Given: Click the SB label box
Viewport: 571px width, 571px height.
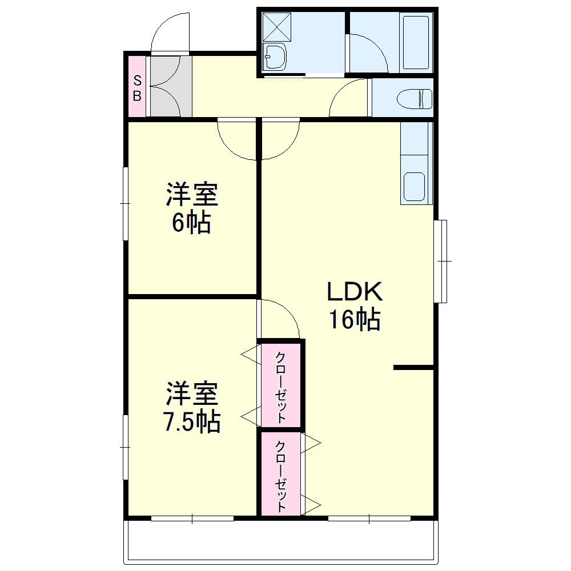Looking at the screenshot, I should pyautogui.click(x=137, y=87).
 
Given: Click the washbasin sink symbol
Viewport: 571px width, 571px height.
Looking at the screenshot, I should pyautogui.click(x=275, y=58).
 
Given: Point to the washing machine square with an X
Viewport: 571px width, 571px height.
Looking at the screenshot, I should pyautogui.click(x=276, y=26).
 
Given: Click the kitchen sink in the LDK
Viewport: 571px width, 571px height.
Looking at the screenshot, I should pyautogui.click(x=415, y=184).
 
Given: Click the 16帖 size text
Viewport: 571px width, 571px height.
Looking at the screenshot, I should pyautogui.click(x=353, y=319).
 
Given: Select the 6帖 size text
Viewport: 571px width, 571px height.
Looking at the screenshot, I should pyautogui.click(x=191, y=223).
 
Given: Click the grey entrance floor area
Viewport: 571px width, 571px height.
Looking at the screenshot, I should pyautogui.click(x=170, y=87).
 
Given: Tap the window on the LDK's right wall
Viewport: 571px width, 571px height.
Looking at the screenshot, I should pyautogui.click(x=441, y=261).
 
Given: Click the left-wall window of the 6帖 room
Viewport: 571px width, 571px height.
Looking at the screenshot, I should pyautogui.click(x=125, y=203).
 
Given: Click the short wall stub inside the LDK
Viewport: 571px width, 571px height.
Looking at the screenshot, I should pyautogui.click(x=413, y=368).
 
